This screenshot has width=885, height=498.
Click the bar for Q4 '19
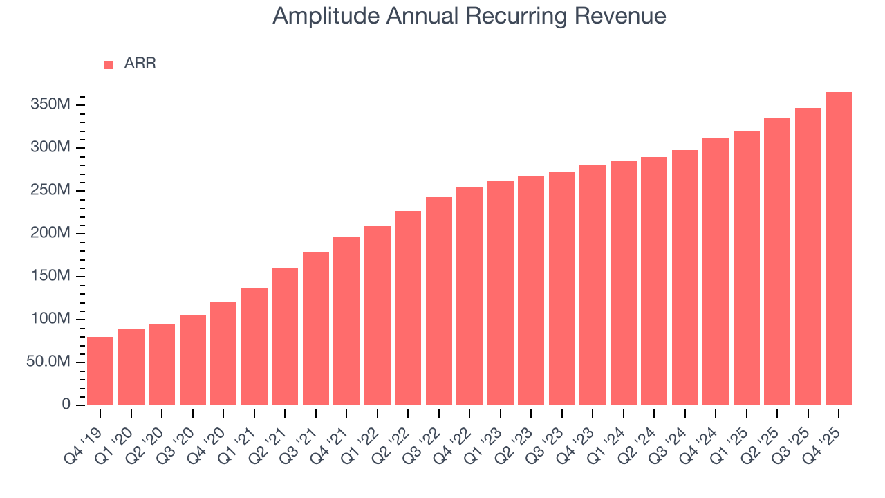tap(100, 371)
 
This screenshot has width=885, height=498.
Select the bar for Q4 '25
tap(839, 249)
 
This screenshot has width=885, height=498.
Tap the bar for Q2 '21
tap(285, 336)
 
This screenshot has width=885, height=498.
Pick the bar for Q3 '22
tap(438, 301)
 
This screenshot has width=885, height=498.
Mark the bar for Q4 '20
tap(223, 353)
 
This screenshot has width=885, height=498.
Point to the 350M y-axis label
tap(50, 105)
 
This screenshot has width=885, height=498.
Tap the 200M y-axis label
tap(50, 234)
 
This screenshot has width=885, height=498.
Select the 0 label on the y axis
tap(66, 405)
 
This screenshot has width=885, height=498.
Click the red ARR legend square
tap(109, 65)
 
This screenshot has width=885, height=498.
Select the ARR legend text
tap(140, 64)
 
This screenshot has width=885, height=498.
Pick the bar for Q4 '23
tap(593, 285)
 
